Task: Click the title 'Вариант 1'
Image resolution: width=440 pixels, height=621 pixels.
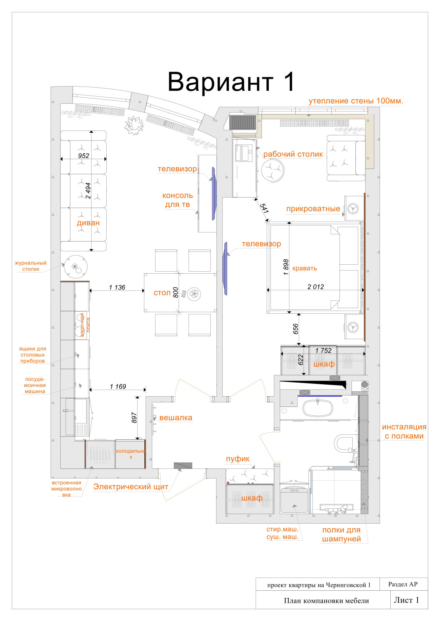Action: pos(231,82)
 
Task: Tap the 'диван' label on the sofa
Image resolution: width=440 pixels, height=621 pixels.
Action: pos(88,223)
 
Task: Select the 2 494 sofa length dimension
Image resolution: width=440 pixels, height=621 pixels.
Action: pos(88,191)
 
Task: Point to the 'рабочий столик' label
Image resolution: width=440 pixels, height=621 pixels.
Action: pos(293,154)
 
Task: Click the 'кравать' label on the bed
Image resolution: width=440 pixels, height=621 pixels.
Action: pos(305,268)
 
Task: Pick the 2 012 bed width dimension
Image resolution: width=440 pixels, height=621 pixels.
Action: pos(315,287)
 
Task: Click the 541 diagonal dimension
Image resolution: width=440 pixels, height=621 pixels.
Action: pos(264,208)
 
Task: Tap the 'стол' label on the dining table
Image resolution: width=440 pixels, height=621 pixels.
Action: pos(162,293)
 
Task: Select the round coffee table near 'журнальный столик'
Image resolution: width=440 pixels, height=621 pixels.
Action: pos(76,267)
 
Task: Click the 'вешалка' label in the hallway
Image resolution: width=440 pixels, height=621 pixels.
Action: pos(176,418)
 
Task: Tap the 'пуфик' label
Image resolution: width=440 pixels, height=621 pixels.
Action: pos(238,459)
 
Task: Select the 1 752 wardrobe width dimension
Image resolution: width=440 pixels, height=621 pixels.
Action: pos(323,351)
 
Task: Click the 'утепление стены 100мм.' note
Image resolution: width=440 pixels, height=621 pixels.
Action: pos(356,101)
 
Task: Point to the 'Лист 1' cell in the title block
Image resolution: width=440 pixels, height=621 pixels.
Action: pos(406,600)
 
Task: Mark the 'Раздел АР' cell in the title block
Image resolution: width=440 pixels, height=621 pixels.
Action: pos(403,584)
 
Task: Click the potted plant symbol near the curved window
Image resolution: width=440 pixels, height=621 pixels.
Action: pos(134,125)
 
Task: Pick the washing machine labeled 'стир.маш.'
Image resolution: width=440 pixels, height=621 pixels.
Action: pos(294,498)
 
